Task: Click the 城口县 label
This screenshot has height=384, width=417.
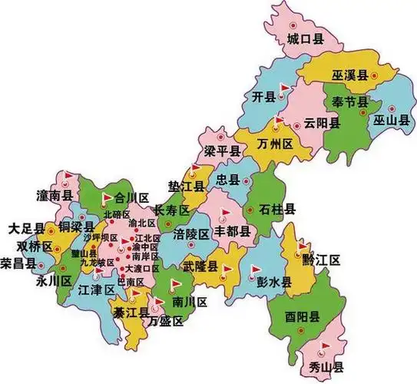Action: pos(303,38)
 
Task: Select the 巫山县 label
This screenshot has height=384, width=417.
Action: pos(390,121)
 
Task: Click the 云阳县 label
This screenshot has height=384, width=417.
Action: pos(320,123)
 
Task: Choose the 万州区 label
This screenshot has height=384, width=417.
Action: pos(275,144)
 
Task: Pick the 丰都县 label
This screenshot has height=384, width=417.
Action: pos(231,230)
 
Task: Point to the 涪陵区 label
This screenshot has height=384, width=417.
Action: pos(191,233)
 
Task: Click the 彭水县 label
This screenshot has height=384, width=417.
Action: pos(274,282)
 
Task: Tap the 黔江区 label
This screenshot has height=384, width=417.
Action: pos(320,260)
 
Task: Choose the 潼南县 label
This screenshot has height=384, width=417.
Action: pos(54,196)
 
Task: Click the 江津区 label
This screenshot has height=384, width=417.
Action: pos(96,290)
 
